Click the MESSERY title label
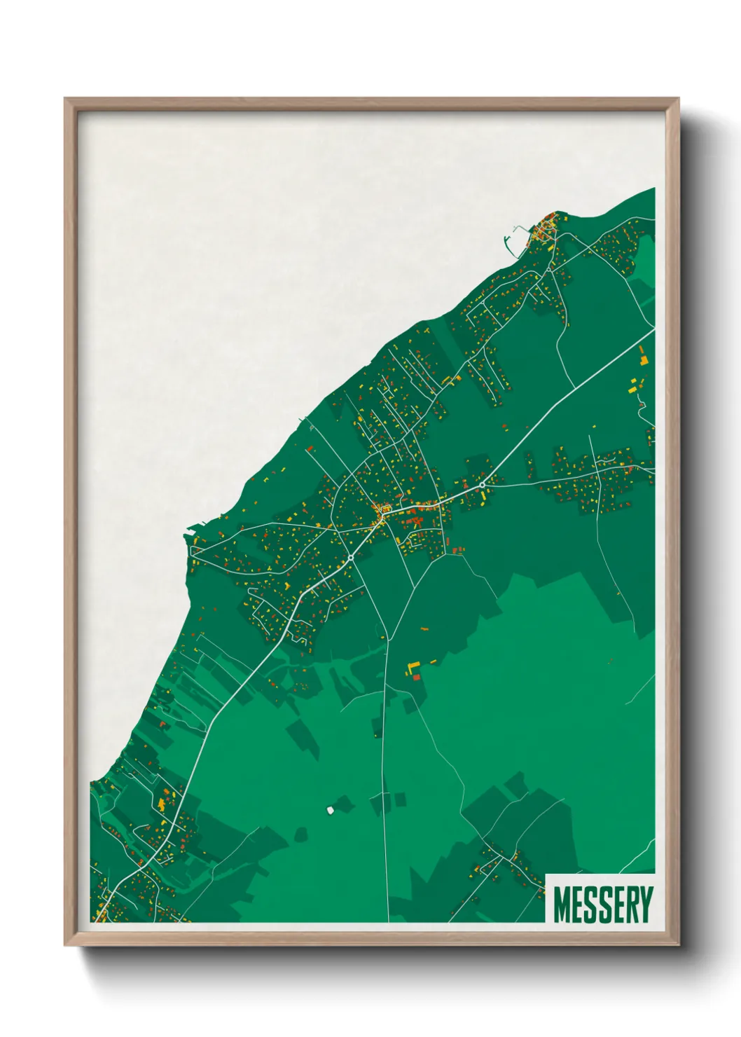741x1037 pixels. [x=602, y=905]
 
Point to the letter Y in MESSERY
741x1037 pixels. [x=645, y=905]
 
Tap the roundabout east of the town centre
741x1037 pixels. [x=483, y=485]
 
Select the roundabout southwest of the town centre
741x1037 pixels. [x=350, y=558]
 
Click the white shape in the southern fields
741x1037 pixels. [x=329, y=810]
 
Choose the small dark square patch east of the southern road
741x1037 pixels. [x=400, y=799]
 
